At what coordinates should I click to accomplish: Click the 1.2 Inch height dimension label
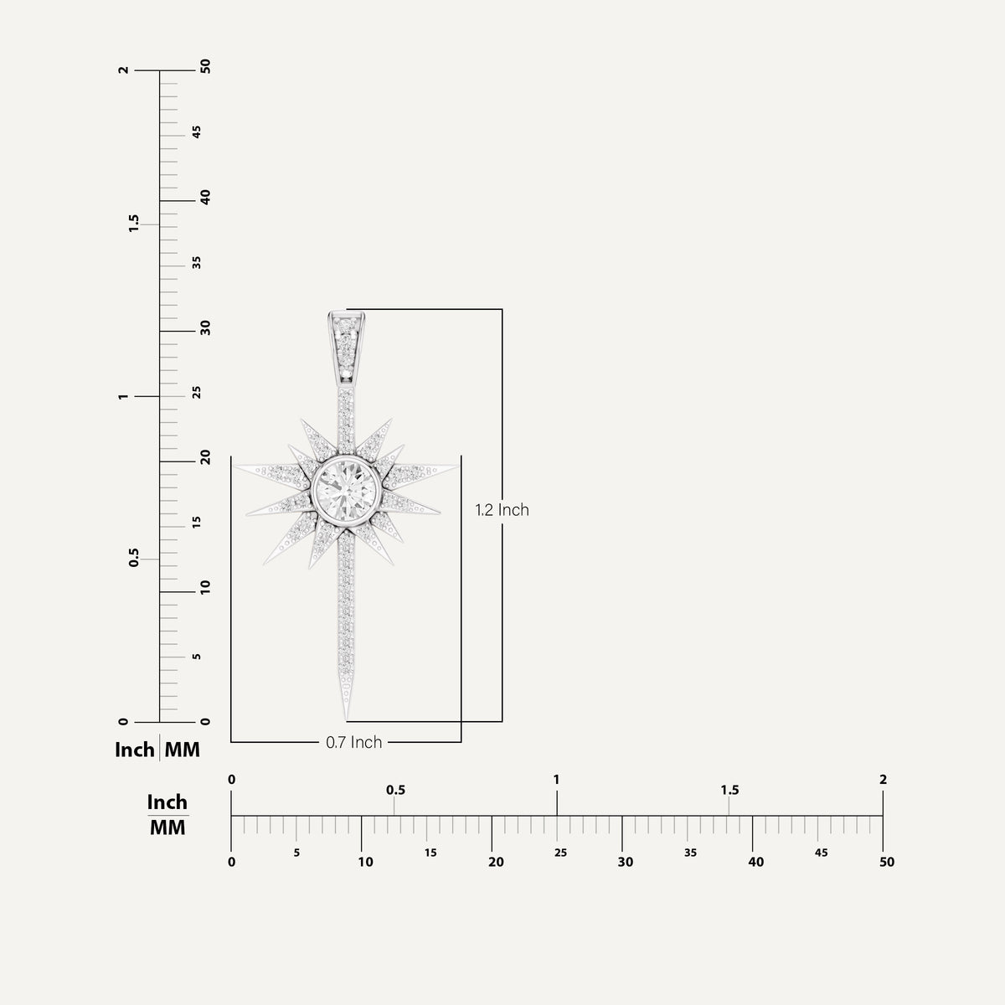click(x=502, y=509)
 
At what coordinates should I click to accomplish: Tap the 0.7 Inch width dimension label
click(x=353, y=742)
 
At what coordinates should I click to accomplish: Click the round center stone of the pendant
click(x=346, y=489)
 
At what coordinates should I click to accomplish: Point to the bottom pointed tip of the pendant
click(x=347, y=719)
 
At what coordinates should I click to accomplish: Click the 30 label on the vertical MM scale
click(x=205, y=327)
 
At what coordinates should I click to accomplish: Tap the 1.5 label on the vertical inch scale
click(x=133, y=223)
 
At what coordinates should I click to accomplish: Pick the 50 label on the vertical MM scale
click(x=205, y=66)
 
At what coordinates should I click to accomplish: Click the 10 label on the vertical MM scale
click(x=205, y=587)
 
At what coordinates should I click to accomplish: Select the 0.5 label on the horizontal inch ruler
click(x=395, y=790)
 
